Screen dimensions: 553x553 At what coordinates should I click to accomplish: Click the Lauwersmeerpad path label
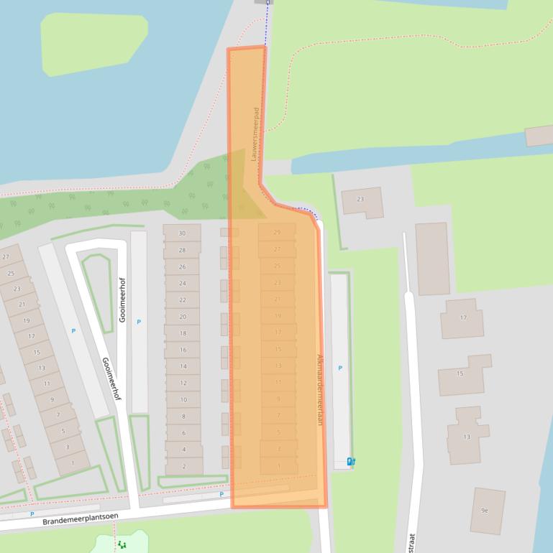tap(255, 134)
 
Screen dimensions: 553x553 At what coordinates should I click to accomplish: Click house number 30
tap(183, 233)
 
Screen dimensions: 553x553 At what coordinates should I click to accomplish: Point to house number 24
tap(183, 283)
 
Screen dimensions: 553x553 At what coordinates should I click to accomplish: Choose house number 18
tap(183, 333)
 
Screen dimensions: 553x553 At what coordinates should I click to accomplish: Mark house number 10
tap(184, 400)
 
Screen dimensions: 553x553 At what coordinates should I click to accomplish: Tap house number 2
tap(184, 466)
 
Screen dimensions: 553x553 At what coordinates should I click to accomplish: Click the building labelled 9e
tap(485, 510)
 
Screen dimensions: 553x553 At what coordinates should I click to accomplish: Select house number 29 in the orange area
tap(278, 232)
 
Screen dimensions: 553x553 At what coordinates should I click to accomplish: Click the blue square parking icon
tap(351, 462)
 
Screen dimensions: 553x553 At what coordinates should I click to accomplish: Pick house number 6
tap(184, 433)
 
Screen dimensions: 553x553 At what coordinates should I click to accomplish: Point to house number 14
tap(183, 366)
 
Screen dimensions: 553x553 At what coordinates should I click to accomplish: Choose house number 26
tap(183, 266)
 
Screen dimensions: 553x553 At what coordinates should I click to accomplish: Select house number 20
tap(183, 317)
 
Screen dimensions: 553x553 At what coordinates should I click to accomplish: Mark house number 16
tap(183, 350)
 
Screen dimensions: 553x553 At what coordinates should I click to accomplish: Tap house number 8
tap(184, 417)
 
